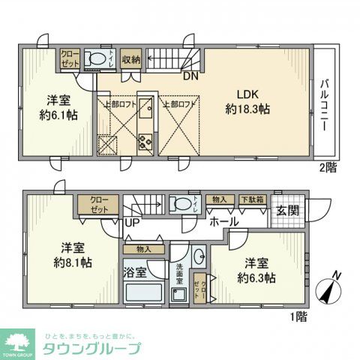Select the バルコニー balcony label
(325, 106)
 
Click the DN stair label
(190, 74)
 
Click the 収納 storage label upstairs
(131, 59)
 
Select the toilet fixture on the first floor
(181, 204)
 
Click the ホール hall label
(224, 222)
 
